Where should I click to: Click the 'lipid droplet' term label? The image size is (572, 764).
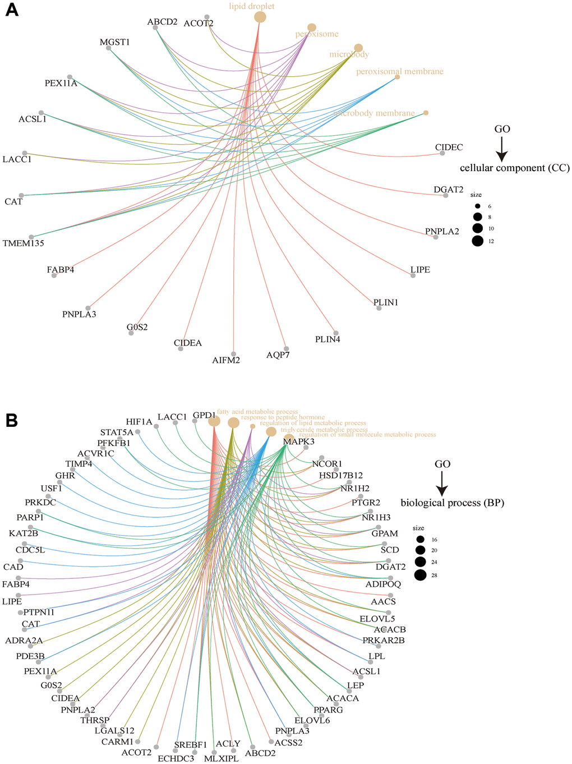coord(243,7)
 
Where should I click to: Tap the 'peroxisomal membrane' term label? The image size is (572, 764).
coord(399,72)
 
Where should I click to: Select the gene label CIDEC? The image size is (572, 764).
coord(449,148)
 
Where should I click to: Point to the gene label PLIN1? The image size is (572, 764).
coord(386,303)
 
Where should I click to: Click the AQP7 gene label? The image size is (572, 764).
coord(278,355)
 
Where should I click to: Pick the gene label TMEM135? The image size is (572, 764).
coord(23,243)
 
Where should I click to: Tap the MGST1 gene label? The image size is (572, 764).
coord(114,42)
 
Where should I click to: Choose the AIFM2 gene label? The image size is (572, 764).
coord(226,360)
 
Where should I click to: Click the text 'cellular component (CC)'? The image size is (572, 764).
coord(514,168)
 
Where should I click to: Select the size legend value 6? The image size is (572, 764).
coord(490,206)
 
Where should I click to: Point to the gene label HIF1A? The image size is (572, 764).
coord(139,422)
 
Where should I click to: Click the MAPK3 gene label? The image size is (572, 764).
coord(298,442)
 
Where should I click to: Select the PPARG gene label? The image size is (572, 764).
coord(328,710)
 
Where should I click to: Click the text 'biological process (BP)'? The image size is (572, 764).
coord(452,503)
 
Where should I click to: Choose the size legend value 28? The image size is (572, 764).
coord(434,574)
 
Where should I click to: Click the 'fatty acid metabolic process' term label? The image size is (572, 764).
coord(257,412)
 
